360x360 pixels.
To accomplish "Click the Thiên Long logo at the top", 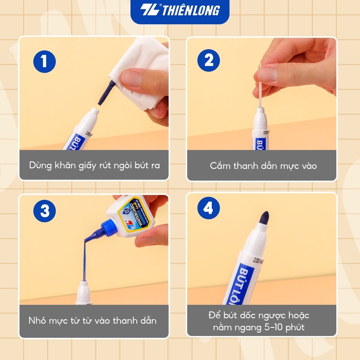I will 180,10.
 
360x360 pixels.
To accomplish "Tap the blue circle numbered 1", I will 44,62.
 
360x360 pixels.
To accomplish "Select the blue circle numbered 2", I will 209,60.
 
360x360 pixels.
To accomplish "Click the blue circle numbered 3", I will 45,211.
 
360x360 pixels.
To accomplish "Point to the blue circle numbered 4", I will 208,209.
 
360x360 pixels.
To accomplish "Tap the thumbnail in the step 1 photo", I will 131,79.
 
